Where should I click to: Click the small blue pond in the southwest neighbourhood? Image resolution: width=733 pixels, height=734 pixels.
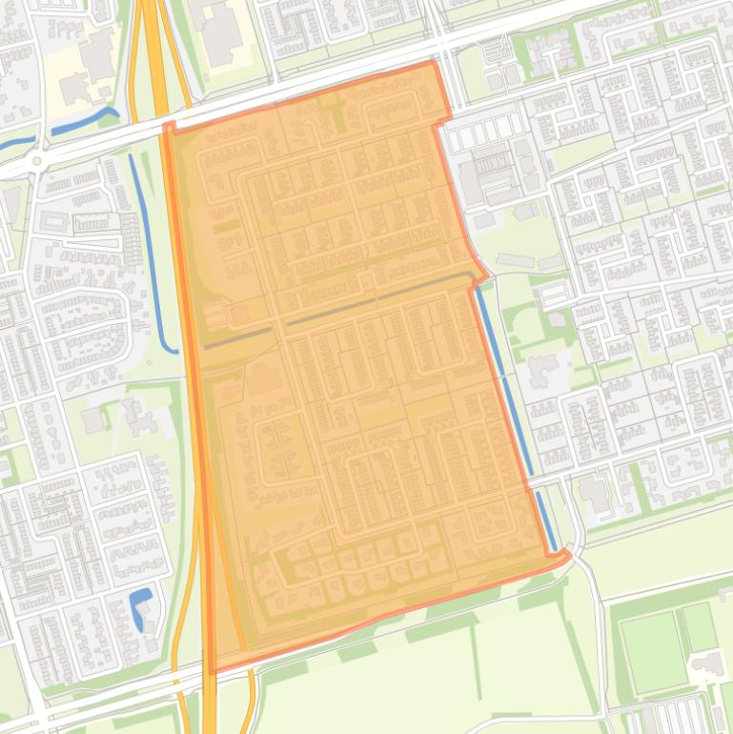[140, 607]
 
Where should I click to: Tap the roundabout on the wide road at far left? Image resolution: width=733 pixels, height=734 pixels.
[36, 161]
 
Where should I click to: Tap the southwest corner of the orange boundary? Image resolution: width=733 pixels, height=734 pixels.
[210, 670]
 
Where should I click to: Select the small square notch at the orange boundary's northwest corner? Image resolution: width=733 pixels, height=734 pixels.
[170, 127]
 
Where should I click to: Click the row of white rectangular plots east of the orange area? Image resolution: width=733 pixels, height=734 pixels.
[481, 134]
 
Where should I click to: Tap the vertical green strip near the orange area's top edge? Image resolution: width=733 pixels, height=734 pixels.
[338, 119]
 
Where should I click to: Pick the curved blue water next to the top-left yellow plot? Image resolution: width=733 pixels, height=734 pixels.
[86, 121]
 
